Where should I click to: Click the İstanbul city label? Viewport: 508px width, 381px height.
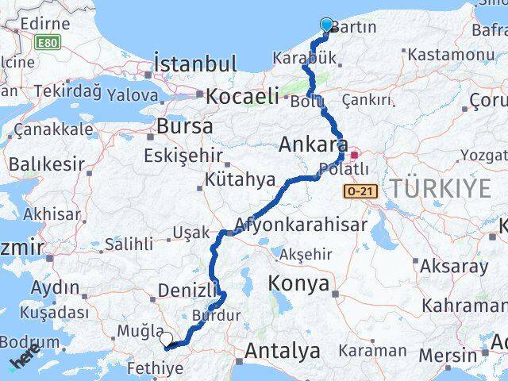[x=196, y=64]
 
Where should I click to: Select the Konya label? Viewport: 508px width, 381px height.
[x=298, y=283]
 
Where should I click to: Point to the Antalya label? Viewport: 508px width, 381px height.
[x=283, y=350]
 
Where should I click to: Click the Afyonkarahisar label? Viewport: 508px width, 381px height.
[x=301, y=225]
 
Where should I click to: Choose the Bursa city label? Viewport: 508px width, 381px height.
[x=185, y=126]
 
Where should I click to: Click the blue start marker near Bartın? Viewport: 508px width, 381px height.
[x=326, y=25]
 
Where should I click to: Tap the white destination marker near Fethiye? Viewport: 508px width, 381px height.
[x=165, y=339]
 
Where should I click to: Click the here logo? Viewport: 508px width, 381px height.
[x=25, y=360]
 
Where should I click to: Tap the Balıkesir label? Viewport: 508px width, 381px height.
[x=47, y=165]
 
